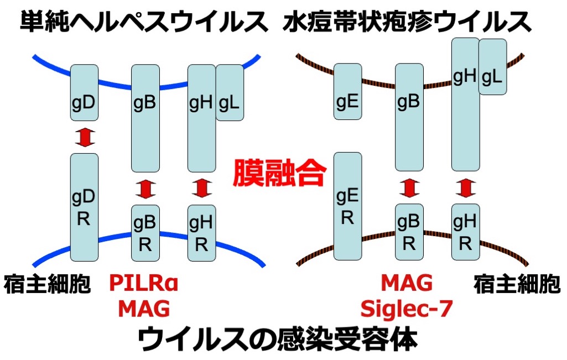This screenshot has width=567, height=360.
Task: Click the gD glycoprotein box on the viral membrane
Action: tap(84, 92)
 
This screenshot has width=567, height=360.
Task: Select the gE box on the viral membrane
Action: tap(347, 91)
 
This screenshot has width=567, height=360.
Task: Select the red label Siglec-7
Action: tap(407, 308)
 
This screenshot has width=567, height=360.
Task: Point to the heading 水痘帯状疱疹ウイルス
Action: tap(407, 22)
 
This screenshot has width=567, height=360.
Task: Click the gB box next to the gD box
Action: tap(145, 118)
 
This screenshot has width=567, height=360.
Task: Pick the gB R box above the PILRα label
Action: tap(145, 232)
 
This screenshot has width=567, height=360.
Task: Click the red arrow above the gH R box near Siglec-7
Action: tap(466, 188)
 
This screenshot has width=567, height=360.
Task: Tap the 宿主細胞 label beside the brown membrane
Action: tap(517, 285)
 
